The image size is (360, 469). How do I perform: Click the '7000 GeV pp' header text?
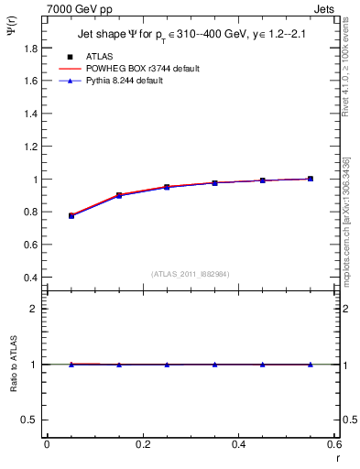79,7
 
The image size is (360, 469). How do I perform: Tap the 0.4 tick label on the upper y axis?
31,278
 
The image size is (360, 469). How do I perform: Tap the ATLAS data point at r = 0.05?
71,215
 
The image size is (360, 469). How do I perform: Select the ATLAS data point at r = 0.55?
311,179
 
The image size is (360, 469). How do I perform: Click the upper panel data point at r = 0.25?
167,187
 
